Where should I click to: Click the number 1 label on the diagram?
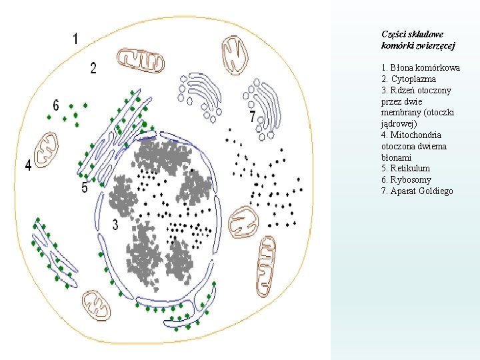[x=75, y=39]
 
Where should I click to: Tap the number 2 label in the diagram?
[x=93, y=67]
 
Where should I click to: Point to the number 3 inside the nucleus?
[x=115, y=225]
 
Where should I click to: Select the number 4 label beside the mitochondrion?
[x=28, y=165]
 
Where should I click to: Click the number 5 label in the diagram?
[x=84, y=188]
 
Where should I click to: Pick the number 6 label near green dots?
[x=56, y=105]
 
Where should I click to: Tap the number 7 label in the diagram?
[x=252, y=117]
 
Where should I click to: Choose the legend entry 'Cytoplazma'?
[x=409, y=79]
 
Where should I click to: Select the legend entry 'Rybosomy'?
[x=406, y=180]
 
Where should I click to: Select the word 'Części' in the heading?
[x=393, y=34]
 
